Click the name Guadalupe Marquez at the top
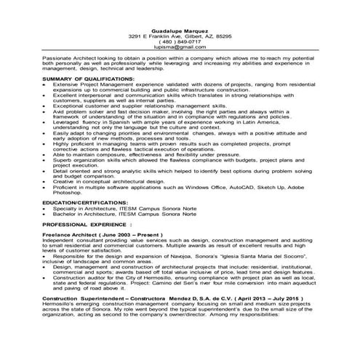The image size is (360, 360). tap(180, 28)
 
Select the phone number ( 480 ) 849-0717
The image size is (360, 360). tap(180, 41)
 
